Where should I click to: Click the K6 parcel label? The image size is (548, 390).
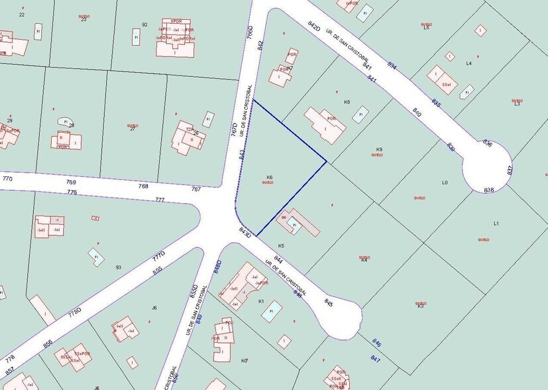(x=270, y=177)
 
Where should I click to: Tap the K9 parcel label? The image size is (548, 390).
(x=380, y=149)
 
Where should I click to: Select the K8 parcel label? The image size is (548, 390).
(x=347, y=102)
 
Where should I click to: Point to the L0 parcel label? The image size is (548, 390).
(x=445, y=182)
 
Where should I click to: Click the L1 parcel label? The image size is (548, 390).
(x=496, y=223)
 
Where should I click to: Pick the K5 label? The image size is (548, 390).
(x=281, y=245)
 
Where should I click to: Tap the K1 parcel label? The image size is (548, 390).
(x=261, y=302)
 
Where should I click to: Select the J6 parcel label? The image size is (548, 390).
(x=154, y=307)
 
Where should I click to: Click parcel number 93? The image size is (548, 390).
(x=118, y=267)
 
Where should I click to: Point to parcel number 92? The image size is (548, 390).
(x=144, y=25)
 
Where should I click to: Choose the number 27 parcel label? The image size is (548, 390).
(x=133, y=128)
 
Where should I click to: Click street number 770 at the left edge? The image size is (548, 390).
(x=7, y=178)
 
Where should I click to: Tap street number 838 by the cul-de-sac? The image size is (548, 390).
(x=489, y=190)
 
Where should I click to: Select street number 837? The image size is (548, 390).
(x=510, y=170)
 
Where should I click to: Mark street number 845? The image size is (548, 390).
(x=329, y=302)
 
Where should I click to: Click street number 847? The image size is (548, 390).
(x=375, y=359)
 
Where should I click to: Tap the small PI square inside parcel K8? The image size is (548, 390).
(x=360, y=115)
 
